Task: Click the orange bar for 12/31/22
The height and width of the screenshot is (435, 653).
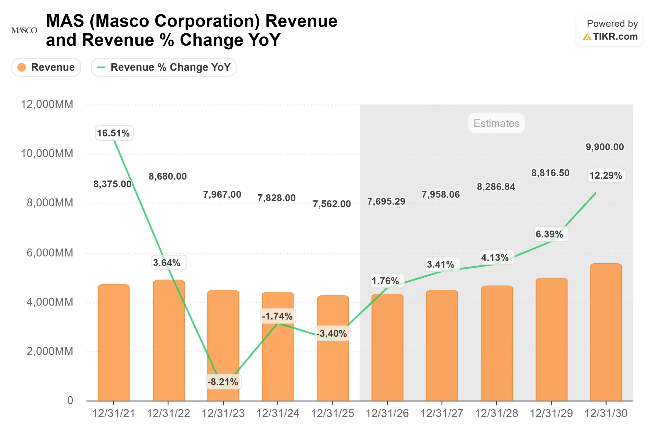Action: [x=169, y=341]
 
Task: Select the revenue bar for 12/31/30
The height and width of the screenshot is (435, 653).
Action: [x=606, y=333]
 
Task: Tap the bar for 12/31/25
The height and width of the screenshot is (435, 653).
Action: [x=333, y=350]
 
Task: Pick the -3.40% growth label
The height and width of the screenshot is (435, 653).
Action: [x=332, y=334]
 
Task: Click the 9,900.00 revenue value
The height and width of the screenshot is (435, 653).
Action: [x=604, y=147]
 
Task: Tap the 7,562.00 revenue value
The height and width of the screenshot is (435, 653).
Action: [x=332, y=204]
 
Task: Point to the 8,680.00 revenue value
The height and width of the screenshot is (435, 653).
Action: [x=167, y=176]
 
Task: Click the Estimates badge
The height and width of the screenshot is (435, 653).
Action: [x=496, y=123]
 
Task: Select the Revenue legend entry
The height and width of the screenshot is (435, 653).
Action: [x=46, y=67]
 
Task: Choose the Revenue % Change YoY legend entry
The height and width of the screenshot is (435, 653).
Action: [x=164, y=67]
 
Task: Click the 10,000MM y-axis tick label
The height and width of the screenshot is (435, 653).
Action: [x=47, y=153]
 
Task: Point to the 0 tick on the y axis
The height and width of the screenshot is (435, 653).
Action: [x=70, y=400]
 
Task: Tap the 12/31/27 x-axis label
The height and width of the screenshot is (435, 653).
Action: [x=441, y=413]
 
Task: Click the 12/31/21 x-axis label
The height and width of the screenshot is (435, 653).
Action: [x=114, y=413]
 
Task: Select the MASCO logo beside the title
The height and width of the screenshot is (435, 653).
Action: [x=24, y=30]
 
